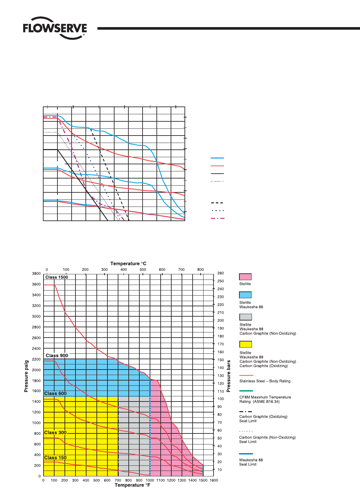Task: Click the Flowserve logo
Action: pos(55,28)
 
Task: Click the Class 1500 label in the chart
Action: pos(57,277)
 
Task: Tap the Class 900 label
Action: pos(57,356)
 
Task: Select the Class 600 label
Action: pos(55,393)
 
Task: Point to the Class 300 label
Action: pos(55,432)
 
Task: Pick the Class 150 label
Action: pos(55,458)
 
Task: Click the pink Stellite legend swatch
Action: pos(245,277)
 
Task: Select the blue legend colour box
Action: pos(245,295)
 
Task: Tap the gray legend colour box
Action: pos(245,317)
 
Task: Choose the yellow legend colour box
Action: pos(245,344)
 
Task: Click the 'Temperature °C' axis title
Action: pos(128,264)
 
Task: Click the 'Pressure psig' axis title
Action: pos(26,376)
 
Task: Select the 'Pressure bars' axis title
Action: pos(229,376)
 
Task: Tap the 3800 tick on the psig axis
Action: pos(36,274)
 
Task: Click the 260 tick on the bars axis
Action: pos(221,273)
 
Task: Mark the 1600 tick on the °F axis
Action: pos(214,480)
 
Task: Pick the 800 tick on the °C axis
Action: pos(201,269)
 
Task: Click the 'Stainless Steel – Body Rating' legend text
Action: pos(265,381)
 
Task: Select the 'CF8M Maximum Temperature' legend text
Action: pos(265,397)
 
